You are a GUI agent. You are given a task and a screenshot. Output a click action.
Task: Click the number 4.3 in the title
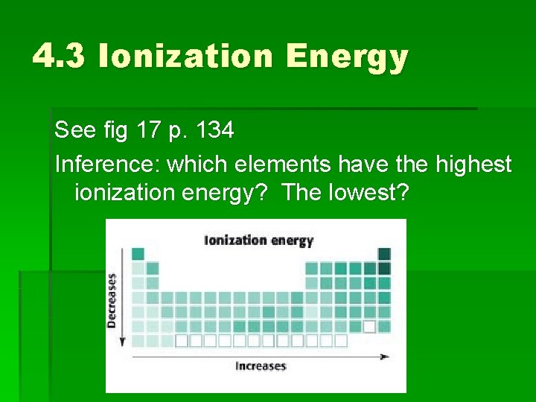click(x=60, y=56)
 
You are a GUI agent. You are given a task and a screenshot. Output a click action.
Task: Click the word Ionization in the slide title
click(x=188, y=56)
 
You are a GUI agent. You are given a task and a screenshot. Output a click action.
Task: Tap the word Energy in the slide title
click(x=348, y=57)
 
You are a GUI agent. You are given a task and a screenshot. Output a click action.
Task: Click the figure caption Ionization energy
click(x=259, y=240)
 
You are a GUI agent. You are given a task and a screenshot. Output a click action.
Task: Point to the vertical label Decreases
click(x=112, y=301)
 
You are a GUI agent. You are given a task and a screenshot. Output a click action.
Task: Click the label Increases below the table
click(x=260, y=366)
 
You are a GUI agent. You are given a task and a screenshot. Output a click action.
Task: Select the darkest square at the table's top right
click(x=384, y=254)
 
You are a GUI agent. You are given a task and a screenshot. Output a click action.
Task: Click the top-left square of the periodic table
click(x=138, y=254)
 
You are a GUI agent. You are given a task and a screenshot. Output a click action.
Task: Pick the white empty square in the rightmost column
click(x=369, y=326)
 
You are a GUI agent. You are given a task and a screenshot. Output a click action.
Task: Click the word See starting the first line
click(x=71, y=131)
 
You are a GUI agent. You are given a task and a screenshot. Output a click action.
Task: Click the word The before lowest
click(x=303, y=194)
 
